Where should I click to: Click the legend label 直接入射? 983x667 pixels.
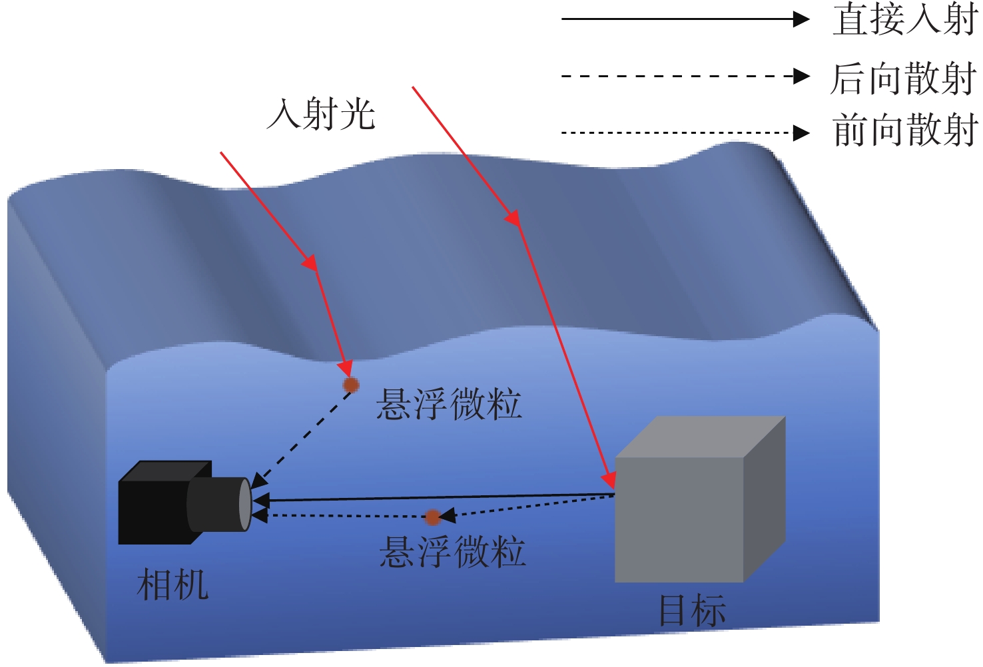pos(904,19)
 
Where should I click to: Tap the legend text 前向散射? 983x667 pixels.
pos(904,130)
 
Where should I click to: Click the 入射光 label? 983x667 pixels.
pos(321,114)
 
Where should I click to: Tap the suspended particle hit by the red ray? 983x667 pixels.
pos(351,385)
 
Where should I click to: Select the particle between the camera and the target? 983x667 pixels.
pos(433,517)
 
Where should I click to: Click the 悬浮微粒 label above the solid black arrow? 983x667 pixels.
pos(449,404)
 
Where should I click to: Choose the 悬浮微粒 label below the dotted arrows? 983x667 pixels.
pos(453,552)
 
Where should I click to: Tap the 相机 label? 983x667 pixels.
pos(172,585)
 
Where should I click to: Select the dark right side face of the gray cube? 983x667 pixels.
pos(765,499)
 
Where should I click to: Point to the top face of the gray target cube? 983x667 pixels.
pos(699,437)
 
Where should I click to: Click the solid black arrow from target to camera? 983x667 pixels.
pos(433,497)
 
